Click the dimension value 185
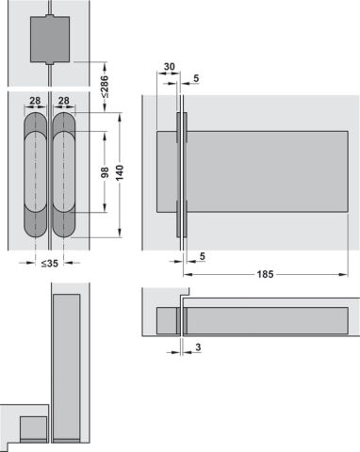pos(265,274)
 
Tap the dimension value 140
pos(120,172)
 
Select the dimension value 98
pos(105,172)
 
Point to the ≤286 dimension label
pos(105,87)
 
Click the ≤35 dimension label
pos(50,263)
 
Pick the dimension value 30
pos(169,67)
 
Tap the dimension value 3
pos(198,347)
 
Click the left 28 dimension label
pos(35,101)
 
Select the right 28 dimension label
pos(64,101)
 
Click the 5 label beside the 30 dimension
pos(196,78)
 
